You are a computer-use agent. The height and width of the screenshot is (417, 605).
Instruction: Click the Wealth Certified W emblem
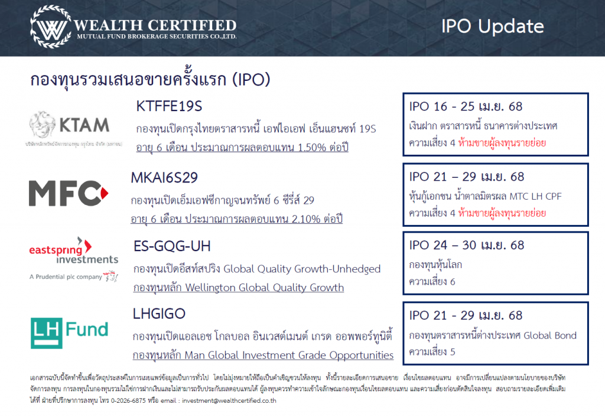point(51,27)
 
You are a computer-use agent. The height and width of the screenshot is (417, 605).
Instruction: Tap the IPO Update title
point(492,27)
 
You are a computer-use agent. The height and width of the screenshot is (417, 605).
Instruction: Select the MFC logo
point(69,193)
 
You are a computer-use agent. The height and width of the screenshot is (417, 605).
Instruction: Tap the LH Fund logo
point(70,333)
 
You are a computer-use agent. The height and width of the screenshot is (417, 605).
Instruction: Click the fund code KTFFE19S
point(169,106)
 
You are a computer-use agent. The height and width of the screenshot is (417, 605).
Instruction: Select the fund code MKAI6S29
point(164,177)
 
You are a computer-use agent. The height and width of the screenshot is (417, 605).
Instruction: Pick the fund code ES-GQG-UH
point(172,246)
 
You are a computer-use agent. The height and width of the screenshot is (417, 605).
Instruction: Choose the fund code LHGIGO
point(159,314)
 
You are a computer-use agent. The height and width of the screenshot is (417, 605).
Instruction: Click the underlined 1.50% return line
point(242,147)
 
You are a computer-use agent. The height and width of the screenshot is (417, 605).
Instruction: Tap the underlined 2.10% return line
point(236,219)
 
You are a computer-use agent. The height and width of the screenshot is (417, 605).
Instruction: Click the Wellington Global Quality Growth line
point(239,288)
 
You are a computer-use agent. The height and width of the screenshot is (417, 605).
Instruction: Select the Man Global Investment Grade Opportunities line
point(263,356)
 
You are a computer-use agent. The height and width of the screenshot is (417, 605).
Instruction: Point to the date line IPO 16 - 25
point(466,106)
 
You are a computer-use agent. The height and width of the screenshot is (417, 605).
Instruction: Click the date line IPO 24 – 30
point(467,245)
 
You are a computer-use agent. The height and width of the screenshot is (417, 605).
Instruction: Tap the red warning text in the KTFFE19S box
point(502,143)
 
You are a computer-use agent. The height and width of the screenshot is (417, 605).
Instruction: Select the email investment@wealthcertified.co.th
point(229,401)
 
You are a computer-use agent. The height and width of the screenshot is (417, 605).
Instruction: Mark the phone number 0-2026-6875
point(128,401)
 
